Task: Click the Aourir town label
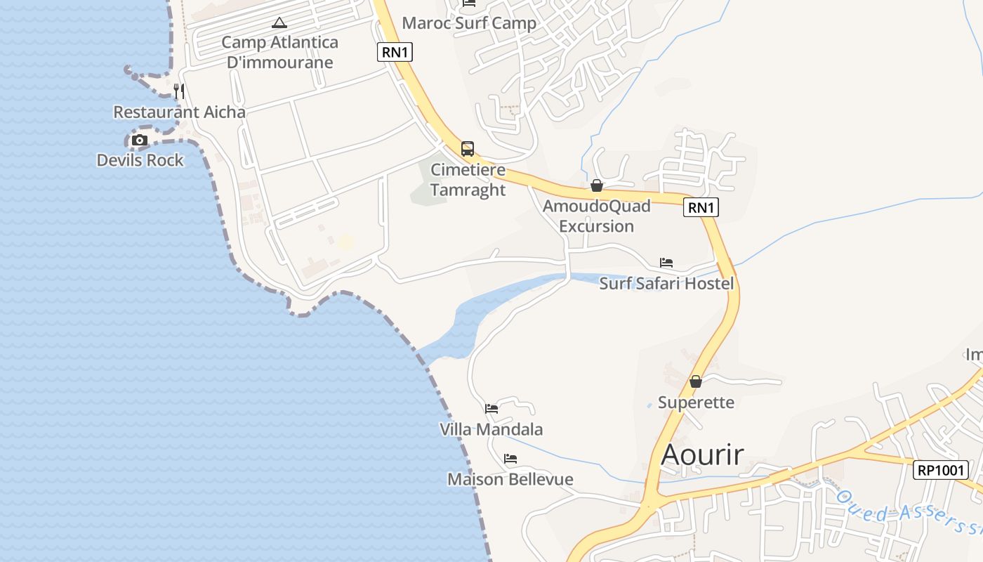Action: [702, 455]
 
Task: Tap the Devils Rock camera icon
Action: [140, 140]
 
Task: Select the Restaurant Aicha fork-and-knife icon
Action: [179, 91]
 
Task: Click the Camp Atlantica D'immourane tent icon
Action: [279, 22]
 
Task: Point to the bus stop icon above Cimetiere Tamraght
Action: [468, 149]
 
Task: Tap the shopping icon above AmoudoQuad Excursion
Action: [597, 185]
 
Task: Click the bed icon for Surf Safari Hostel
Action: [666, 263]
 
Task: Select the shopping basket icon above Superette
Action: [696, 381]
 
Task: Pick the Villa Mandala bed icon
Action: [491, 408]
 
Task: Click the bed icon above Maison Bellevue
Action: [510, 459]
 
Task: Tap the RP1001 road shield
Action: [941, 470]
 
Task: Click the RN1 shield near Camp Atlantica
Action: [395, 51]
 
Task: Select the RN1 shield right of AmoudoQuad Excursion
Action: [701, 207]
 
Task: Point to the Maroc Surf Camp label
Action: [469, 23]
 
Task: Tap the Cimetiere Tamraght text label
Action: [468, 180]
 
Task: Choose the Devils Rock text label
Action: [140, 160]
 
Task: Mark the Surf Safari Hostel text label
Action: [666, 283]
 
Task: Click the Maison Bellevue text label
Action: [510, 479]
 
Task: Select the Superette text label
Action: [696, 403]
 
